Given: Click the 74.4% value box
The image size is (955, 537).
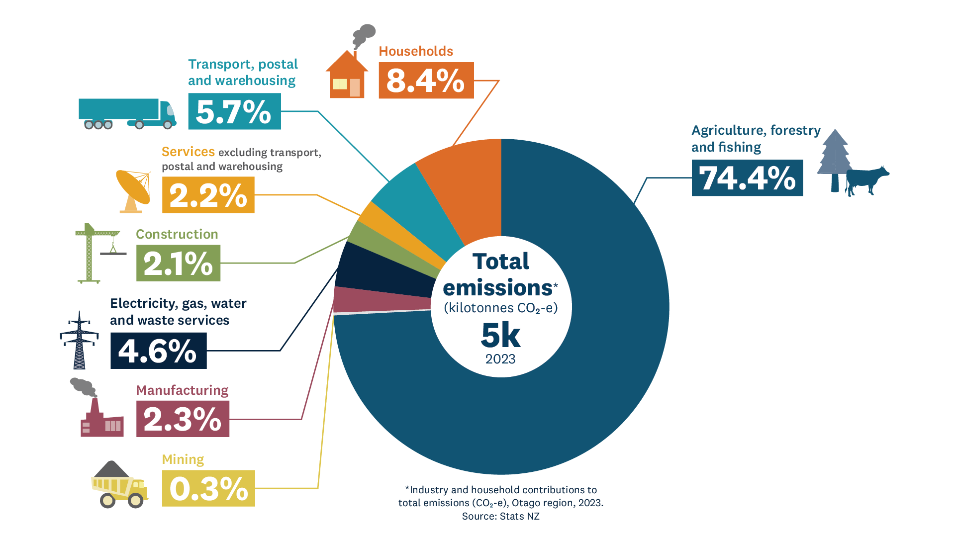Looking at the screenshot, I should tap(747, 178).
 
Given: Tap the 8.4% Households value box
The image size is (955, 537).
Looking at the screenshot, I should tap(426, 80).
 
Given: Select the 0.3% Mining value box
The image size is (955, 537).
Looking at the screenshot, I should tap(208, 488).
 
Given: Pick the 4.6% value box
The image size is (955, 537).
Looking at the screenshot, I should tap(158, 351).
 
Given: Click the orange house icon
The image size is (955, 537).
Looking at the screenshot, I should tap(347, 75).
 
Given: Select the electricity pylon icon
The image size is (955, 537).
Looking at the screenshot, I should tap(79, 341).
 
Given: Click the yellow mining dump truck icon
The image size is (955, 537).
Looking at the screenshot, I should tap(119, 485).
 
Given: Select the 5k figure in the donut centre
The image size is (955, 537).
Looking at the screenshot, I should tap(500, 336).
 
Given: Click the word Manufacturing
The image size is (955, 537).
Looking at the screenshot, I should tap(182, 390).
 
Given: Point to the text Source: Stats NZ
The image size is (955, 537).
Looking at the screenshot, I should tap(500, 516).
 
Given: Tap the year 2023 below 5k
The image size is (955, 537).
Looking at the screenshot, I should tap(500, 359).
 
